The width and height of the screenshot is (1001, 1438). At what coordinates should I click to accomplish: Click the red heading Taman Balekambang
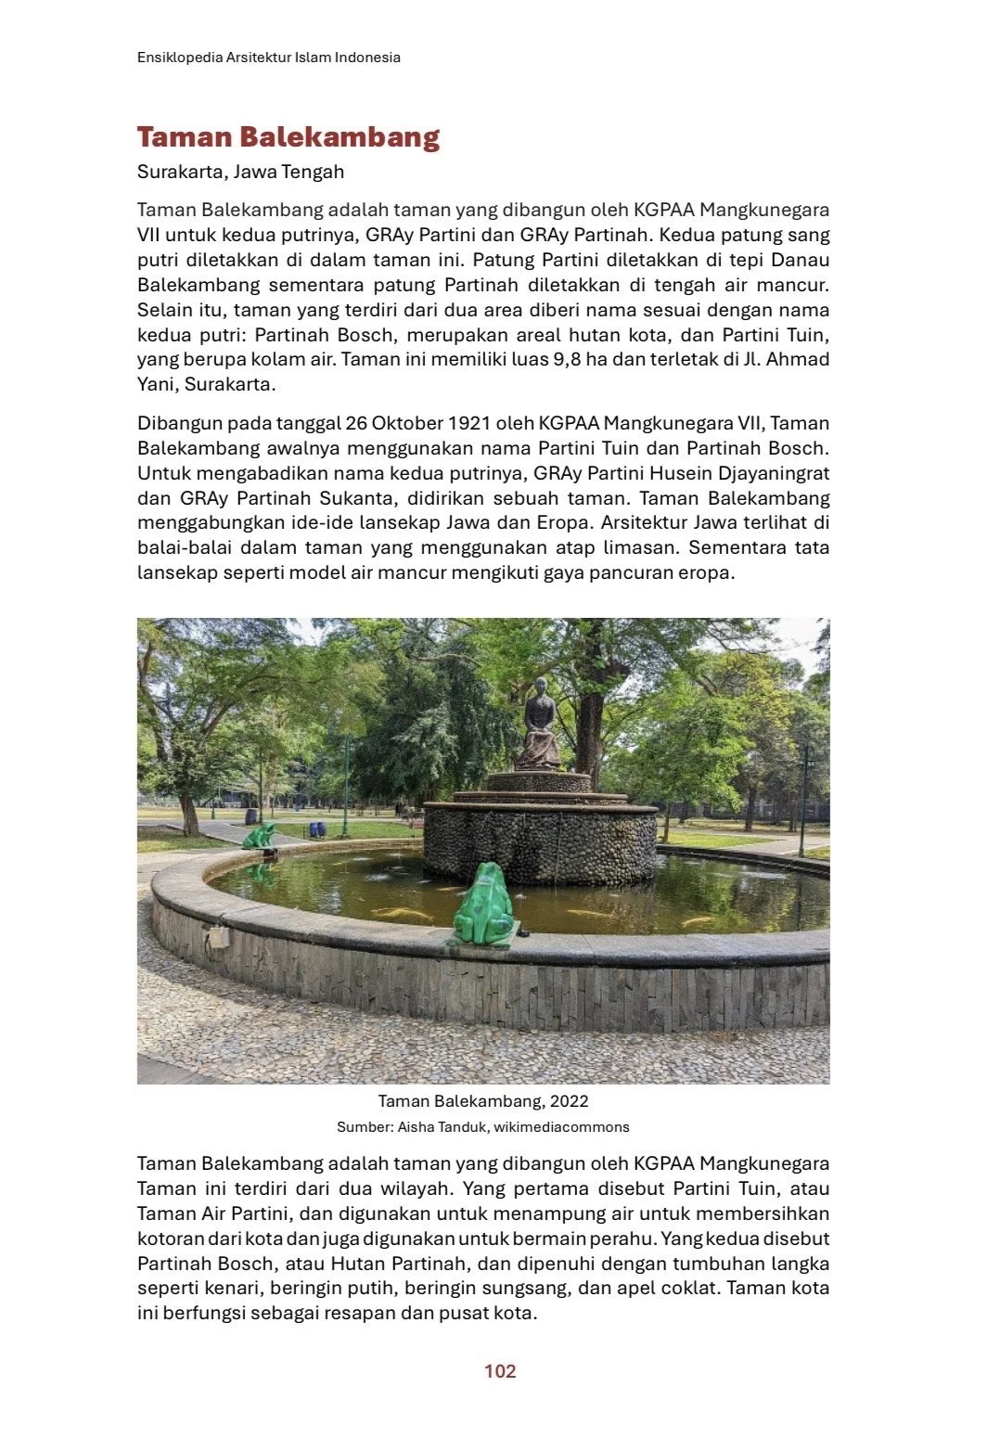(x=288, y=137)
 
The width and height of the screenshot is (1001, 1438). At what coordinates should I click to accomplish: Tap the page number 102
(x=500, y=1371)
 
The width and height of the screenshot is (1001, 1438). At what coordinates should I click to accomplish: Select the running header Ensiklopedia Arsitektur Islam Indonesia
(x=269, y=58)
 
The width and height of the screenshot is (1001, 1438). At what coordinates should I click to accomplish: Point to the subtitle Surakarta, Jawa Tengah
(x=240, y=172)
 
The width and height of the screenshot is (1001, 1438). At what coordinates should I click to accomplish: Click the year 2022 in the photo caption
(x=569, y=1101)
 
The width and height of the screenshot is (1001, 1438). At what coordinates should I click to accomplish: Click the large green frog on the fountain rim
(x=483, y=905)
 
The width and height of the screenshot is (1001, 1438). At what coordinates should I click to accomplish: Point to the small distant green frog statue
(x=259, y=836)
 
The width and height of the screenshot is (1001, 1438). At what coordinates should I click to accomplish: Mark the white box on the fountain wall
(x=219, y=936)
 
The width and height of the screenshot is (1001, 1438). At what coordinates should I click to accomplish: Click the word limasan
(x=640, y=548)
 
